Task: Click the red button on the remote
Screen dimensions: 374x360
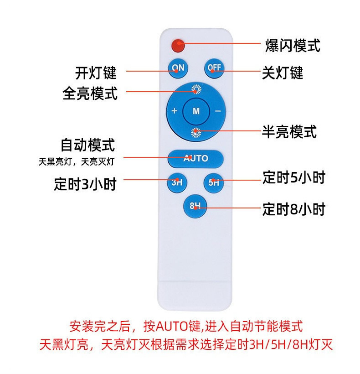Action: pyautogui.click(x=177, y=46)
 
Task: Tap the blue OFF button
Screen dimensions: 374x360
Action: pyautogui.click(x=214, y=68)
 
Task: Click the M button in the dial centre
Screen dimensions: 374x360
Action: pyautogui.click(x=196, y=111)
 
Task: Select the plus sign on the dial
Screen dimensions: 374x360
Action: pyautogui.click(x=174, y=111)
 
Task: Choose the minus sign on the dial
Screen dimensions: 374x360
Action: pyautogui.click(x=218, y=111)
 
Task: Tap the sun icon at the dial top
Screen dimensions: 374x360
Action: pyautogui.click(x=196, y=89)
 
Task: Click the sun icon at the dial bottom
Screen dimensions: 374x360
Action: pyautogui.click(x=196, y=132)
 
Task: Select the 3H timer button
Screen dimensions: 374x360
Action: pyautogui.click(x=177, y=182)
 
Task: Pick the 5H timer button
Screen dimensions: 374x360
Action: pyautogui.click(x=213, y=182)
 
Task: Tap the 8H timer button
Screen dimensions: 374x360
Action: pyautogui.click(x=195, y=205)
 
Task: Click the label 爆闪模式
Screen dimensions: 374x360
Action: pyautogui.click(x=293, y=46)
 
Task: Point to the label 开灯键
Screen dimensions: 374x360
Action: pyautogui.click(x=96, y=73)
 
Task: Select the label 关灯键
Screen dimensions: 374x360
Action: pyautogui.click(x=283, y=73)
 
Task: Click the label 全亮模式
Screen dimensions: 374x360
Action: pyautogui.click(x=90, y=93)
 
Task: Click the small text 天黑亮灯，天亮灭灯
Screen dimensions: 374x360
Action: pyautogui.click(x=77, y=161)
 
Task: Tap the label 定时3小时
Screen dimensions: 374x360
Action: pyautogui.click(x=85, y=184)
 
